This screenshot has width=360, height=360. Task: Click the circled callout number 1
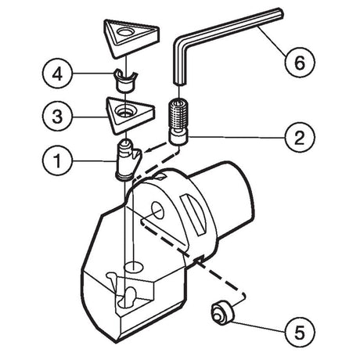(x=57, y=160)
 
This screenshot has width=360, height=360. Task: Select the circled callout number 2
(x=300, y=137)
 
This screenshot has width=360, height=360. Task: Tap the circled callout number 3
(x=57, y=117)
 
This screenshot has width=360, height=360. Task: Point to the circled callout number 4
(x=57, y=74)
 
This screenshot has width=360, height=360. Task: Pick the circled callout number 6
(x=300, y=62)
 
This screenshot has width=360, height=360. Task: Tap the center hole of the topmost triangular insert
(x=125, y=33)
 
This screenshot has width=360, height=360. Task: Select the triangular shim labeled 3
(x=130, y=115)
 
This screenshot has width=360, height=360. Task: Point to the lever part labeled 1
(x=128, y=160)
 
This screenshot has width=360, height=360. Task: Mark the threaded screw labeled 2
(x=178, y=121)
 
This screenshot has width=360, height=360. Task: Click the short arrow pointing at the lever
(x=156, y=147)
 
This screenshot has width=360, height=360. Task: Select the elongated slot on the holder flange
(x=193, y=214)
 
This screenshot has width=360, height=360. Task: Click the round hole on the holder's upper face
(x=157, y=210)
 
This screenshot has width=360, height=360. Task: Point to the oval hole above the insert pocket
(x=134, y=267)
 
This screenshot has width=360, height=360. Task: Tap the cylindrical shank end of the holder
(x=229, y=198)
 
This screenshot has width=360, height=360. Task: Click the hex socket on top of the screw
(x=178, y=103)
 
